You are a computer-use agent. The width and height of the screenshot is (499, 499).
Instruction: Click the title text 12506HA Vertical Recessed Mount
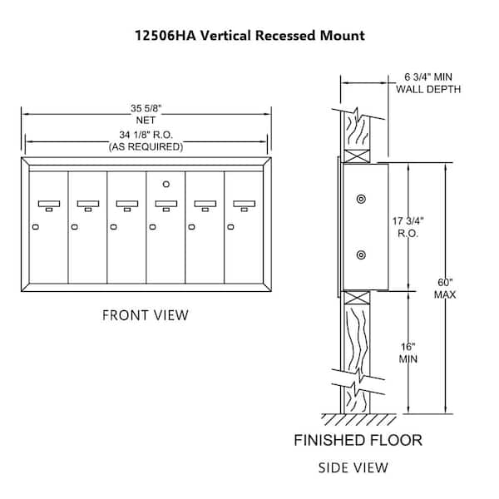(249, 35)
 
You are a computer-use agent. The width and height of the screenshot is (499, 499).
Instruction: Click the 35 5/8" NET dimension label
(146, 114)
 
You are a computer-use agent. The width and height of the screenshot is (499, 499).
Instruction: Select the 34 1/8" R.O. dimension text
(146, 135)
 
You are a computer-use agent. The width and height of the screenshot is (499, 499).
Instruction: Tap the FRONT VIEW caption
(146, 315)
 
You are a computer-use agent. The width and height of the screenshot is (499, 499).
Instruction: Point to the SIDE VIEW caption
(353, 467)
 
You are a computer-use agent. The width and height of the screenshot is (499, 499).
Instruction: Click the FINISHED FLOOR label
(358, 441)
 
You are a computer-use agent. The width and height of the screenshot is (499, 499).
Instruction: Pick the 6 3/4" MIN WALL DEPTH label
(428, 83)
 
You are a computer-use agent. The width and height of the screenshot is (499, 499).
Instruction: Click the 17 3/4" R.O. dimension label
(408, 227)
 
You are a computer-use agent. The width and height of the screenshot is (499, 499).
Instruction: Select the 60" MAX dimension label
(445, 289)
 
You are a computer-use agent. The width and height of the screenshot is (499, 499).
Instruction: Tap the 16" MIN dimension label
(408, 353)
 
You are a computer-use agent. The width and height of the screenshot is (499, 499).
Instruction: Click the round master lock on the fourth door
(166, 184)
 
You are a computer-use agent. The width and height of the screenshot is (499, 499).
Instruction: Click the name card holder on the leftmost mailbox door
(49, 204)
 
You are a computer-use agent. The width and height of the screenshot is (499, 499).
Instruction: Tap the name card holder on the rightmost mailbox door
(244, 204)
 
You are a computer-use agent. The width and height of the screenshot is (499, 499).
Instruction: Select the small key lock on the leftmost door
(36, 227)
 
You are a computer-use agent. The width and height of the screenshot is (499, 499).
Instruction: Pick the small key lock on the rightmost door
(230, 227)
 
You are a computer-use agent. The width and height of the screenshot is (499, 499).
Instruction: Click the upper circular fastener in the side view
(361, 200)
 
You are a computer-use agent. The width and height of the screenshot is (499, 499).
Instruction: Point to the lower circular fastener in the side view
(361, 255)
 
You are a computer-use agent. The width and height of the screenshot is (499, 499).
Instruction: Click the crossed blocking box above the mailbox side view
(357, 156)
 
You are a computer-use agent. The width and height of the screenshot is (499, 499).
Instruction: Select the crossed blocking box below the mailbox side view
(357, 298)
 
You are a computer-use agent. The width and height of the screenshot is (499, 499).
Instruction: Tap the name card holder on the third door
(127, 204)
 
